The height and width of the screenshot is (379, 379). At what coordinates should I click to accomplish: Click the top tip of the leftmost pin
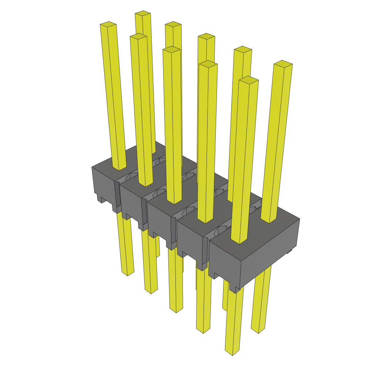108,25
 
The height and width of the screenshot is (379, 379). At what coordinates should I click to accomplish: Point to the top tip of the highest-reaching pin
143,14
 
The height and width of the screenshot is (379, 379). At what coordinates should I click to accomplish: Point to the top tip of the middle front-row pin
171,50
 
